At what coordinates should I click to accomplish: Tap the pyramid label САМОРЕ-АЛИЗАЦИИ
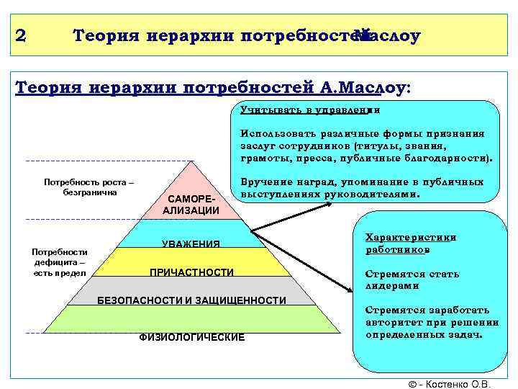click(191, 204)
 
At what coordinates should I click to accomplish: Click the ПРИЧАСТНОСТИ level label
click(191, 272)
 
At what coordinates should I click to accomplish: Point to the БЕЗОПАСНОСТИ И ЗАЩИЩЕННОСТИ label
click(191, 300)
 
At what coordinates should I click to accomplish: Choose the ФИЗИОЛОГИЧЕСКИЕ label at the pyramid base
click(191, 337)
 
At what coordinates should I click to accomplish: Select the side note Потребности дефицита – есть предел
click(59, 262)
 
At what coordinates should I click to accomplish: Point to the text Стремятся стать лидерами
click(412, 280)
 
